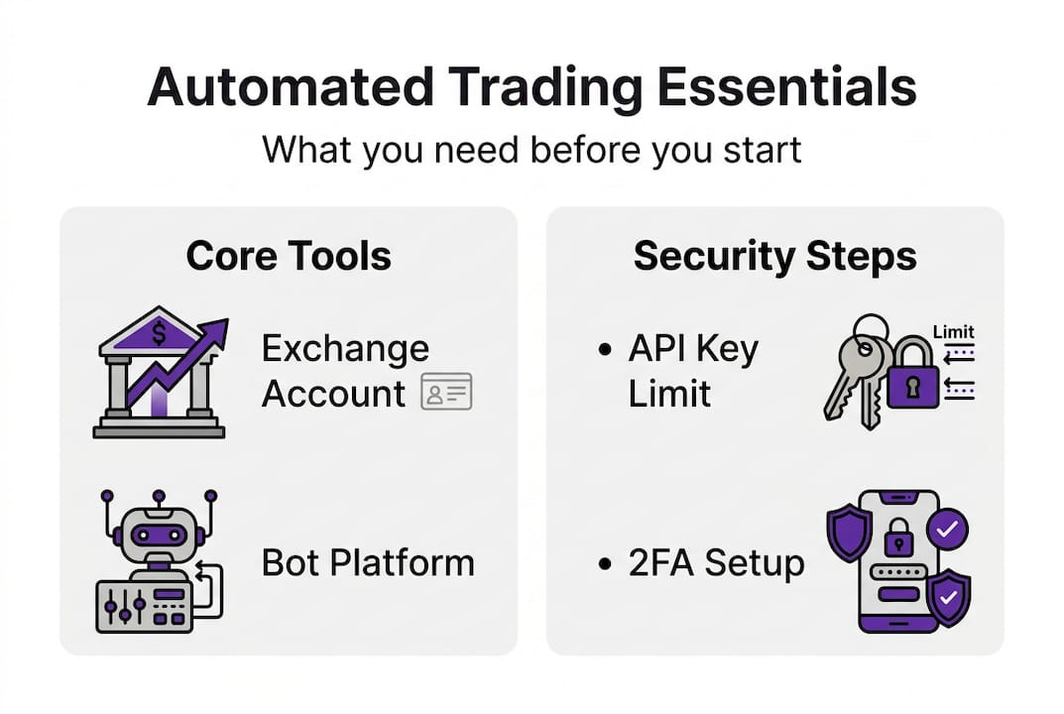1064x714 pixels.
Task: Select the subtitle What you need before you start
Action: click(532, 151)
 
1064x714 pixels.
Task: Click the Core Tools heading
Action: click(289, 256)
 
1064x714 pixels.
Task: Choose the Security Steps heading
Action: click(774, 256)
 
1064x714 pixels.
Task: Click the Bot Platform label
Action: click(368, 563)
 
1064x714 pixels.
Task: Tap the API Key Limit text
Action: click(693, 371)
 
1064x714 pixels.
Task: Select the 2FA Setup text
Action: click(716, 563)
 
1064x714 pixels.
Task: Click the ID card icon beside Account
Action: click(446, 393)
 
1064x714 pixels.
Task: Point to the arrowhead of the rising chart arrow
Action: click(217, 331)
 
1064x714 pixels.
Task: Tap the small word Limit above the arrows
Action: click(954, 332)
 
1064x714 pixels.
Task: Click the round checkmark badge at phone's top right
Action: click(947, 532)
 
